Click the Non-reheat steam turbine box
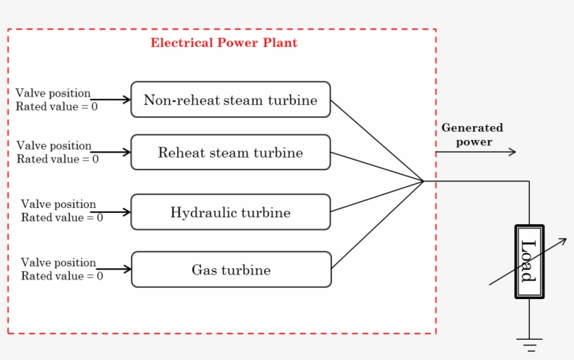[230, 99]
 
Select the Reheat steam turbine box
[230, 153]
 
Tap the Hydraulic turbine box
[230, 212]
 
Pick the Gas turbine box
[231, 270]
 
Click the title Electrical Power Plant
[223, 43]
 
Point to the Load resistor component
[528, 261]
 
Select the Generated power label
[472, 134]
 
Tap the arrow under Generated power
[476, 152]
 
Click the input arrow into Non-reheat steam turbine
[112, 99]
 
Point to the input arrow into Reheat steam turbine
[112, 152]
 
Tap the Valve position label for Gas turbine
[58, 263]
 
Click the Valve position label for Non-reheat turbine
[53, 93]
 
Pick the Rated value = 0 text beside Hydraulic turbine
[62, 218]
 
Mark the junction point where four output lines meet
[423, 181]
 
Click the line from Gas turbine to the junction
[378, 224]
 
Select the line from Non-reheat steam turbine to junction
[377, 140]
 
